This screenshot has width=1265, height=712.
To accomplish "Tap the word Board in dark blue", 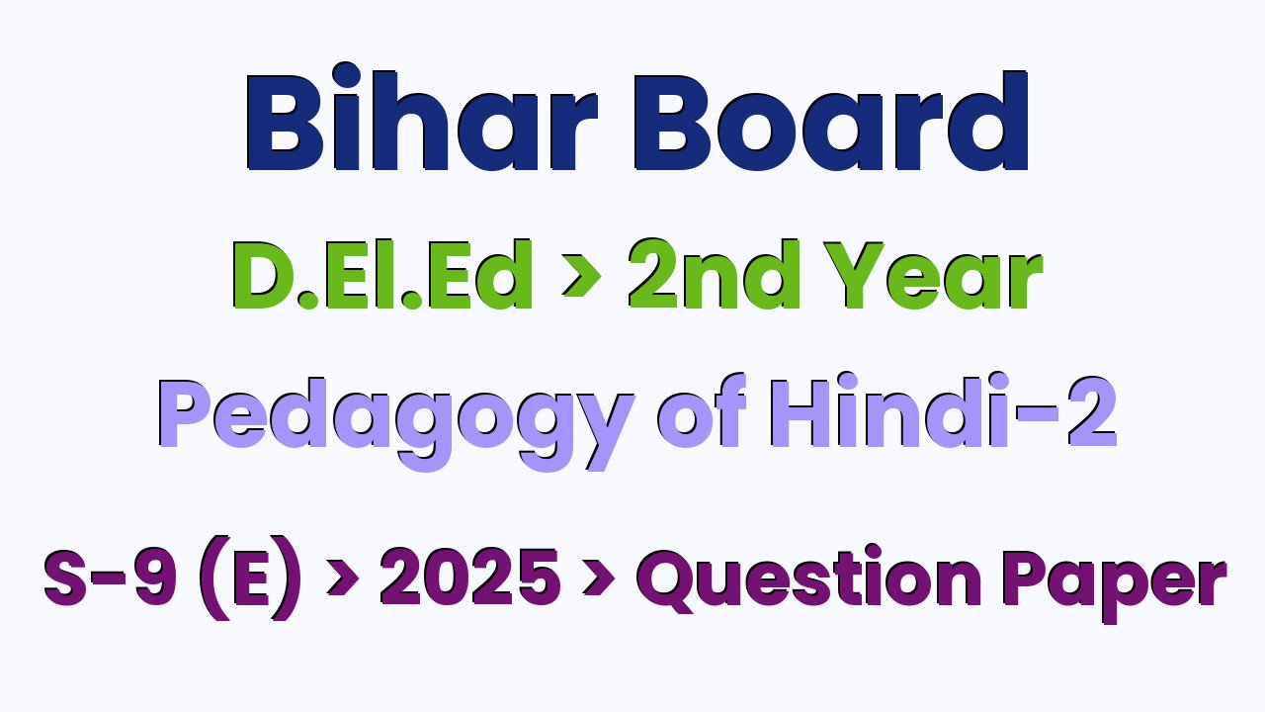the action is tap(831, 121).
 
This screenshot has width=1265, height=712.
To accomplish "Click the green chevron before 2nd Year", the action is tap(581, 275).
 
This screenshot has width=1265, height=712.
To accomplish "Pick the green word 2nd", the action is tap(714, 274).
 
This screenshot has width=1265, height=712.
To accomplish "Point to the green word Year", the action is tap(933, 275).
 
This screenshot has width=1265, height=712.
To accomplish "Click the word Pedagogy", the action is tap(396, 421).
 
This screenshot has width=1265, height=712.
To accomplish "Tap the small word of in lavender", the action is tap(702, 410).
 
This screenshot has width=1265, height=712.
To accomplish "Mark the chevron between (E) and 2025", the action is tap(343, 578).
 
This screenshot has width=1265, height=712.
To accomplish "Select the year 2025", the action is tap(470, 577).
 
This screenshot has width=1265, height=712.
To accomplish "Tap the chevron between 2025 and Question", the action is tap(599, 578).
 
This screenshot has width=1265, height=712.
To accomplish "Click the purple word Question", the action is tap(808, 578).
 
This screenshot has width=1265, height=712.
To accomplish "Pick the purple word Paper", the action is tap(1115, 584).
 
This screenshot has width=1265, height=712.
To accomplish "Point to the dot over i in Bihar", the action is tap(346, 75).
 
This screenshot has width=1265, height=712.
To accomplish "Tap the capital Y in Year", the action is tap(853, 275).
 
